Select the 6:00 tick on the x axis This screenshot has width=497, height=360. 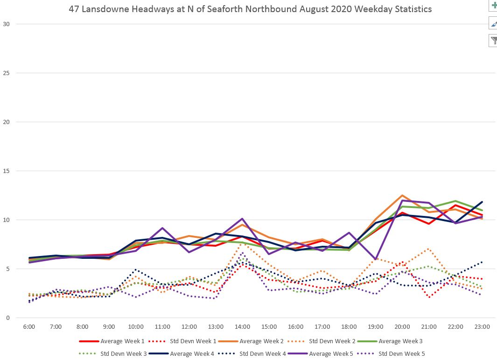click(x=29, y=327)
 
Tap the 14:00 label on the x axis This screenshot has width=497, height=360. click(x=242, y=327)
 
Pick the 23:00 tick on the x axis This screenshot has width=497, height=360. click(x=482, y=327)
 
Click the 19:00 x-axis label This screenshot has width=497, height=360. click(x=376, y=327)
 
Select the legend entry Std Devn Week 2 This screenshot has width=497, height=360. click(x=332, y=341)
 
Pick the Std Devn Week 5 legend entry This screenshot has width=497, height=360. click(x=401, y=354)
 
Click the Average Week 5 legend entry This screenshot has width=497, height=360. click(x=332, y=354)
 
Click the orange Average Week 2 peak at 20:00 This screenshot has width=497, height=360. click(x=402, y=195)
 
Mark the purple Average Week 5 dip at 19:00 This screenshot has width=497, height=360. click(x=376, y=259)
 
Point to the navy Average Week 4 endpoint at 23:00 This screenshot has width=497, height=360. click(x=482, y=202)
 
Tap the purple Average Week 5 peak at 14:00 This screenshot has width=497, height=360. click(x=242, y=219)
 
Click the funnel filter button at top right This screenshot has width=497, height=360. click(x=493, y=41)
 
